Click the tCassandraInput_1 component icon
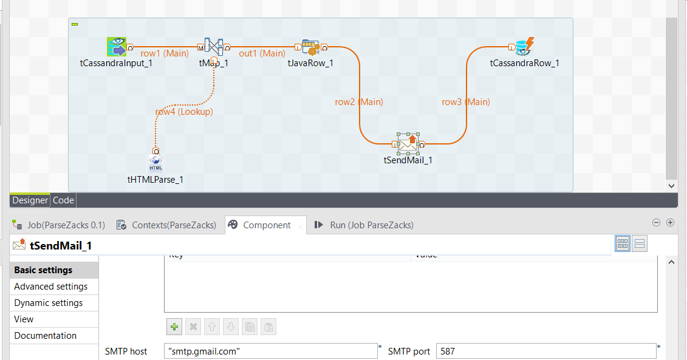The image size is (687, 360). [x=116, y=47]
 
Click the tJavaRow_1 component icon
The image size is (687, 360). [x=310, y=47]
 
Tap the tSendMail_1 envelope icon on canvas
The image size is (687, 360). [x=408, y=143]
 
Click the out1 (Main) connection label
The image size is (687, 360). [x=262, y=53]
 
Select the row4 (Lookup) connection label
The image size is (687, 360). [x=184, y=112]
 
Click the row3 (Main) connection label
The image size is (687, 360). [x=466, y=102]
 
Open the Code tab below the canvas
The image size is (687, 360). [x=63, y=200]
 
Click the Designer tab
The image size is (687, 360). [x=30, y=200]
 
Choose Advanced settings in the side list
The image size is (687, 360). [x=51, y=287]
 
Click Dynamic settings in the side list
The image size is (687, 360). [x=49, y=303]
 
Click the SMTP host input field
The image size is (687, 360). [x=271, y=352]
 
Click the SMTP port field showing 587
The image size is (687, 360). [x=546, y=352]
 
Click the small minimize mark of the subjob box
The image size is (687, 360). [x=75, y=24]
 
